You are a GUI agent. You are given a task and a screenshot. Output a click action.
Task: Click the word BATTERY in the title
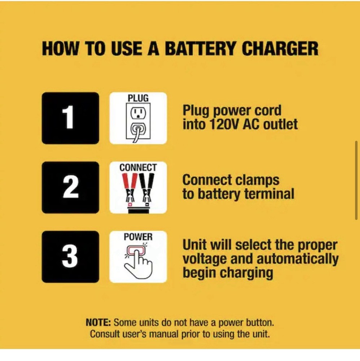click(x=200, y=49)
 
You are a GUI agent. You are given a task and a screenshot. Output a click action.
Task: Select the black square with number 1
click(x=70, y=118)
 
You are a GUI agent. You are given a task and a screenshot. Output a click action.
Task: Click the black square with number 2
click(x=70, y=187)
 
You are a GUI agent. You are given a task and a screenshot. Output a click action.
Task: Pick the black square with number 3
click(x=70, y=257)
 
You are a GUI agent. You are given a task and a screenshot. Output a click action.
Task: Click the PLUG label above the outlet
click(x=138, y=98)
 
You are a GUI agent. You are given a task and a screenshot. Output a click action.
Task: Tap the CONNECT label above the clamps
click(x=138, y=168)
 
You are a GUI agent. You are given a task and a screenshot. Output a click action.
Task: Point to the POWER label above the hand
click(x=138, y=237)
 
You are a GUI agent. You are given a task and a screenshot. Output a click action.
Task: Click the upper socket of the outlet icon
click(x=138, y=113)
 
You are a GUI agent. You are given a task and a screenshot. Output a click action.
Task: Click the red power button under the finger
click(x=136, y=250)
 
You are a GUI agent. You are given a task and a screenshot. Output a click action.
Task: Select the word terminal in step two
click(x=269, y=194)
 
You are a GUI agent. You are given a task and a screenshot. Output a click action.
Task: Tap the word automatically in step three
click(x=298, y=259)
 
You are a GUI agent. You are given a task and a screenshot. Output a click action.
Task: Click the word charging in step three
click(x=246, y=273)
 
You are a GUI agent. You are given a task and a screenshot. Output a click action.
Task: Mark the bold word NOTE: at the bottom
click(x=98, y=322)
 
